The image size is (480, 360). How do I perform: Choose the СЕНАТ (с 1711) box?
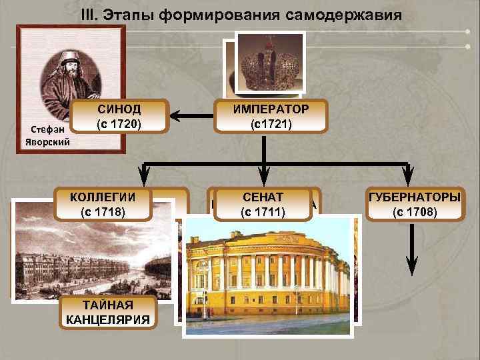tap(263, 205)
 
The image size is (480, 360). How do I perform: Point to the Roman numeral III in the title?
tap(88, 14)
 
